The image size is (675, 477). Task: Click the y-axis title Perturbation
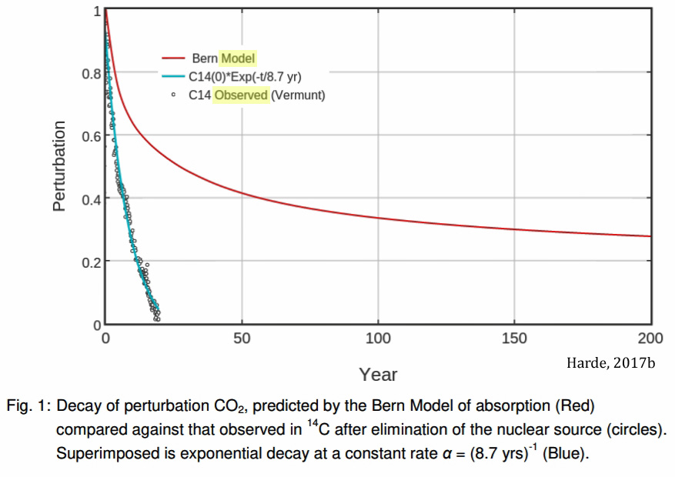pyautogui.click(x=59, y=165)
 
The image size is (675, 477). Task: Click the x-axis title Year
pyautogui.click(x=378, y=375)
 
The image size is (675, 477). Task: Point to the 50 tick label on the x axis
pyautogui.click(x=242, y=339)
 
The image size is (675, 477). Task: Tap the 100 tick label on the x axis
pyautogui.click(x=378, y=339)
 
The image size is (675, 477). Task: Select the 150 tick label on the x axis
pyautogui.click(x=514, y=339)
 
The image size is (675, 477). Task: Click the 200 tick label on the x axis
pyautogui.click(x=650, y=339)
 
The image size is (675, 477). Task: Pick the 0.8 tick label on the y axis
pyautogui.click(x=91, y=75)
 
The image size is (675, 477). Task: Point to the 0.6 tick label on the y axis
pyautogui.click(x=91, y=137)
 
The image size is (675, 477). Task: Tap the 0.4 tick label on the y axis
pyautogui.click(x=91, y=200)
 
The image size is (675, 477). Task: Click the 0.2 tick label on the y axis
pyautogui.click(x=91, y=262)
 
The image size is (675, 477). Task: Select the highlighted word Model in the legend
pyautogui.click(x=238, y=58)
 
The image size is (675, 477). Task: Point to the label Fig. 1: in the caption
pyautogui.click(x=29, y=405)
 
